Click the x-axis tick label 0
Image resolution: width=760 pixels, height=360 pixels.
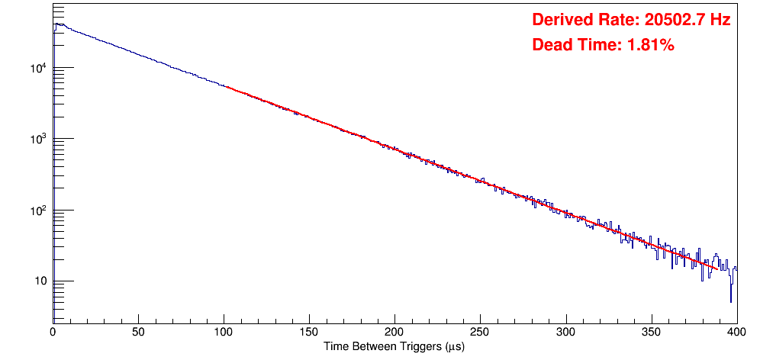tap(53, 333)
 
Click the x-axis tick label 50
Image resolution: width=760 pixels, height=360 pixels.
tap(138, 333)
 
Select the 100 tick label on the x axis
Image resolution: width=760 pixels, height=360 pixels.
tap(224, 333)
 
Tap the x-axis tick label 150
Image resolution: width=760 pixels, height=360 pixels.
tap(309, 333)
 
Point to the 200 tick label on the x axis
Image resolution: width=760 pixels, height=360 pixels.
tap(394, 333)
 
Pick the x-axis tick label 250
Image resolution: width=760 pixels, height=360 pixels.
tap(480, 333)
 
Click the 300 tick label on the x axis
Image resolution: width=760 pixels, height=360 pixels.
tap(565, 333)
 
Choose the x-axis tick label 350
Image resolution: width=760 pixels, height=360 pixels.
tap(651, 333)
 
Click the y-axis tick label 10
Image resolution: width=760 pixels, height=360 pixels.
tap(41, 281)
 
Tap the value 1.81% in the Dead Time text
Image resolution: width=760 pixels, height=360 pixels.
tap(650, 46)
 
